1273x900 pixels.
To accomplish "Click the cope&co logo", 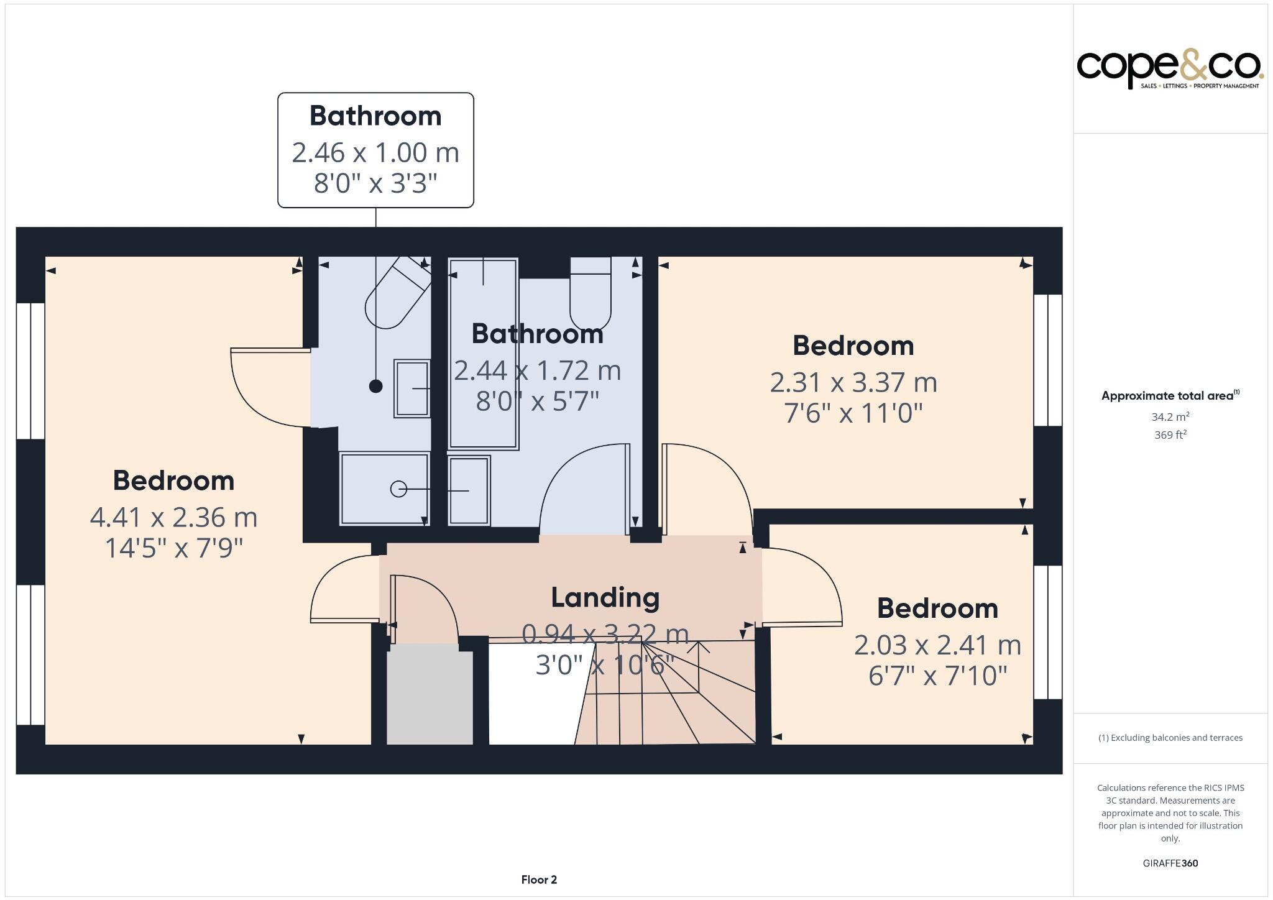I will (1169, 70).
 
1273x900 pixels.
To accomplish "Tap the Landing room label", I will (605, 598).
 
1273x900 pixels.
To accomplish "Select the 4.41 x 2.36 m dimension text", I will (173, 518).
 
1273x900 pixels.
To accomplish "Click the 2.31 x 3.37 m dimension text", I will (853, 382).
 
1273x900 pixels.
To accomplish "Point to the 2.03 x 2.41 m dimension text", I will (937, 645).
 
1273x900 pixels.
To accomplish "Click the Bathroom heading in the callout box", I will (375, 116).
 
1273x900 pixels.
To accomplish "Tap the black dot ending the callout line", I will (375, 387).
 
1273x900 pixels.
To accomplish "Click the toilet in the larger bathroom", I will (591, 295).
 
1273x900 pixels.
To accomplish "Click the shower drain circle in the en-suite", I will (398, 489).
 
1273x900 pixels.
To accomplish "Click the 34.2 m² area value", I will (1170, 417).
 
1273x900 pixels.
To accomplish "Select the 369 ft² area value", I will (1170, 435).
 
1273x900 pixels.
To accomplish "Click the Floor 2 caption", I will (539, 879).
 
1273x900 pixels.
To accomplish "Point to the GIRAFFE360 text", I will (1170, 863).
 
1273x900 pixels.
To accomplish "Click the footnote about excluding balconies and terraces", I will (1170, 738).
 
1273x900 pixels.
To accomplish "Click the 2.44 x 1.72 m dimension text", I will (537, 371).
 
